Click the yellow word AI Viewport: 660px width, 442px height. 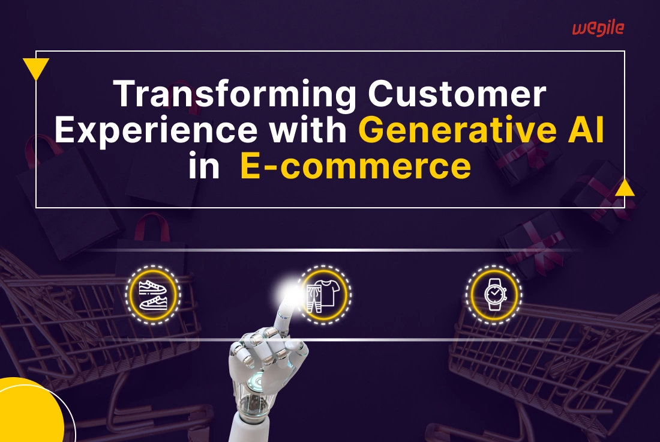(x=586, y=131)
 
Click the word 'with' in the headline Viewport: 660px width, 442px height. (x=318, y=131)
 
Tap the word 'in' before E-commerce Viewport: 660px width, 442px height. (x=204, y=166)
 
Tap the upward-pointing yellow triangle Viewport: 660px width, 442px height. (x=625, y=189)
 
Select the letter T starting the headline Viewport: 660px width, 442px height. (x=124, y=95)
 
